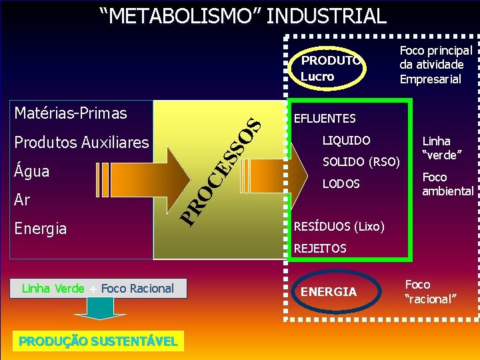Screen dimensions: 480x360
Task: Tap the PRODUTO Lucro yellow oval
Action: coord(328,68)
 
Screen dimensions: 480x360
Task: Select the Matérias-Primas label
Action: coord(71,113)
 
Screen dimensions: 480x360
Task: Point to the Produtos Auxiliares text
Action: coord(81,142)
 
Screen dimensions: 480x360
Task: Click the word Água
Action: coord(32,171)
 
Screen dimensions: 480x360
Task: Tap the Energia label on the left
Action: coord(41,229)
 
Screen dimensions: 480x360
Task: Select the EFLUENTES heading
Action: coord(325,119)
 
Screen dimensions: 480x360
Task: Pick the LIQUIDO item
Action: coord(346,141)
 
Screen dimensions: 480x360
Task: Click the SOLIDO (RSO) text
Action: coord(361,162)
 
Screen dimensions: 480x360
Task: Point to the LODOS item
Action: coord(341,183)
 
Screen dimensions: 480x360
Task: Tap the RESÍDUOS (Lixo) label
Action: coord(339,227)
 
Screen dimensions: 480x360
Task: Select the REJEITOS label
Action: coord(320,248)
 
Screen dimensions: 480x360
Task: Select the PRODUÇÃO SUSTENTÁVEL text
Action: coord(98,341)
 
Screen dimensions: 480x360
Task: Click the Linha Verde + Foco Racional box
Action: coord(98,288)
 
